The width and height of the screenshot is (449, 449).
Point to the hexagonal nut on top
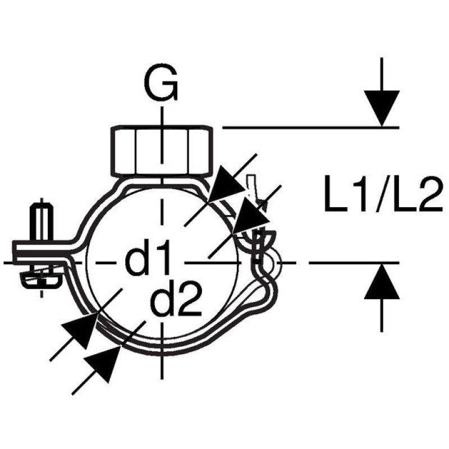pos(162,150)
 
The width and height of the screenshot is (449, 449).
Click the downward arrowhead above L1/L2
pos(382,109)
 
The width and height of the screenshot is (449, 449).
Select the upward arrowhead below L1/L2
pos(382,281)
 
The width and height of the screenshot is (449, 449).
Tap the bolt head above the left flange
pos(42,221)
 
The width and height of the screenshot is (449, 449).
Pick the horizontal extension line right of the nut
pos(311,127)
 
